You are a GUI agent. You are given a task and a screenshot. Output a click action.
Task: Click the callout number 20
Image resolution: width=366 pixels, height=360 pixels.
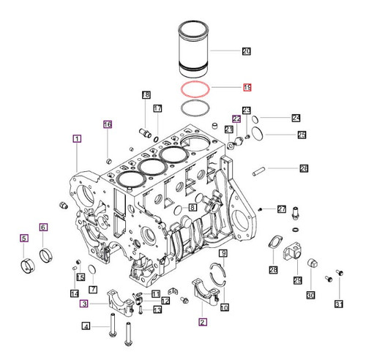246,50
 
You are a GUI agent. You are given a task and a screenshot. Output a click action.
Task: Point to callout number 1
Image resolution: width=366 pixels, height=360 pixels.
76,138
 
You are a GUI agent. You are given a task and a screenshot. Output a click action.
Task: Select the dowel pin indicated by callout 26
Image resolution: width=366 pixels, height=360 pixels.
258,173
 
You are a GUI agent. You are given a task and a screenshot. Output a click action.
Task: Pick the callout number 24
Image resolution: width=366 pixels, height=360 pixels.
295,117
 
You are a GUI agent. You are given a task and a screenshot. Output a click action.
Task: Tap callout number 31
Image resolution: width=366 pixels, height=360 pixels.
338,304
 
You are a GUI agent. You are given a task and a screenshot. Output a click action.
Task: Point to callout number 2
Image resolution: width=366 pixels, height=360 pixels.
203,320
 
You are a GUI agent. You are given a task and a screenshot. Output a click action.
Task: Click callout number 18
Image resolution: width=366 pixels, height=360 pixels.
146,95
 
